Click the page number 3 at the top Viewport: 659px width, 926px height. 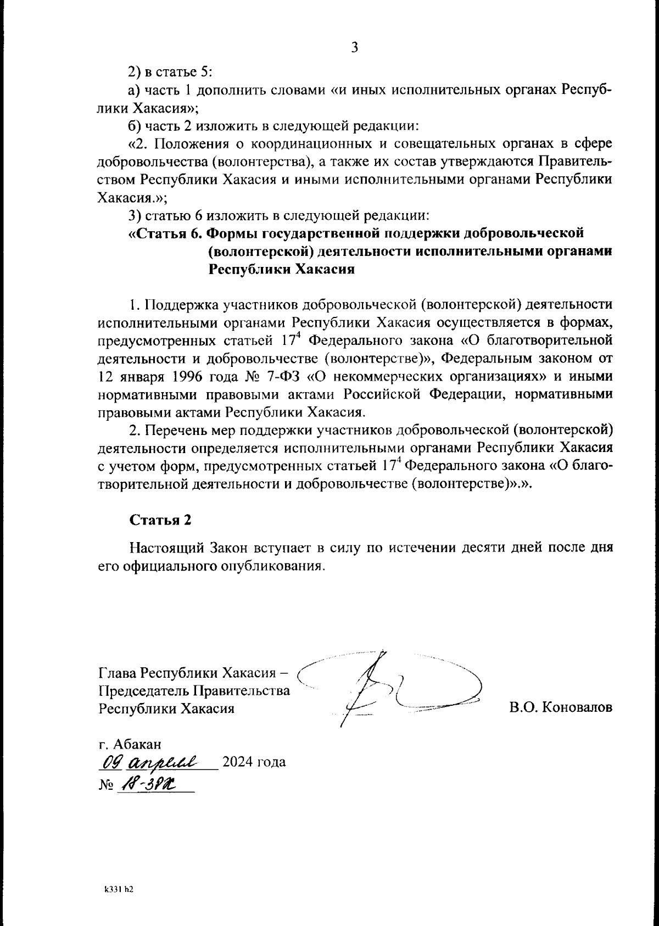[354, 48]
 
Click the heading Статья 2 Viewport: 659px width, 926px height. [160, 520]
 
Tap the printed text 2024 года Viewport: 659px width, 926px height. [253, 763]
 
